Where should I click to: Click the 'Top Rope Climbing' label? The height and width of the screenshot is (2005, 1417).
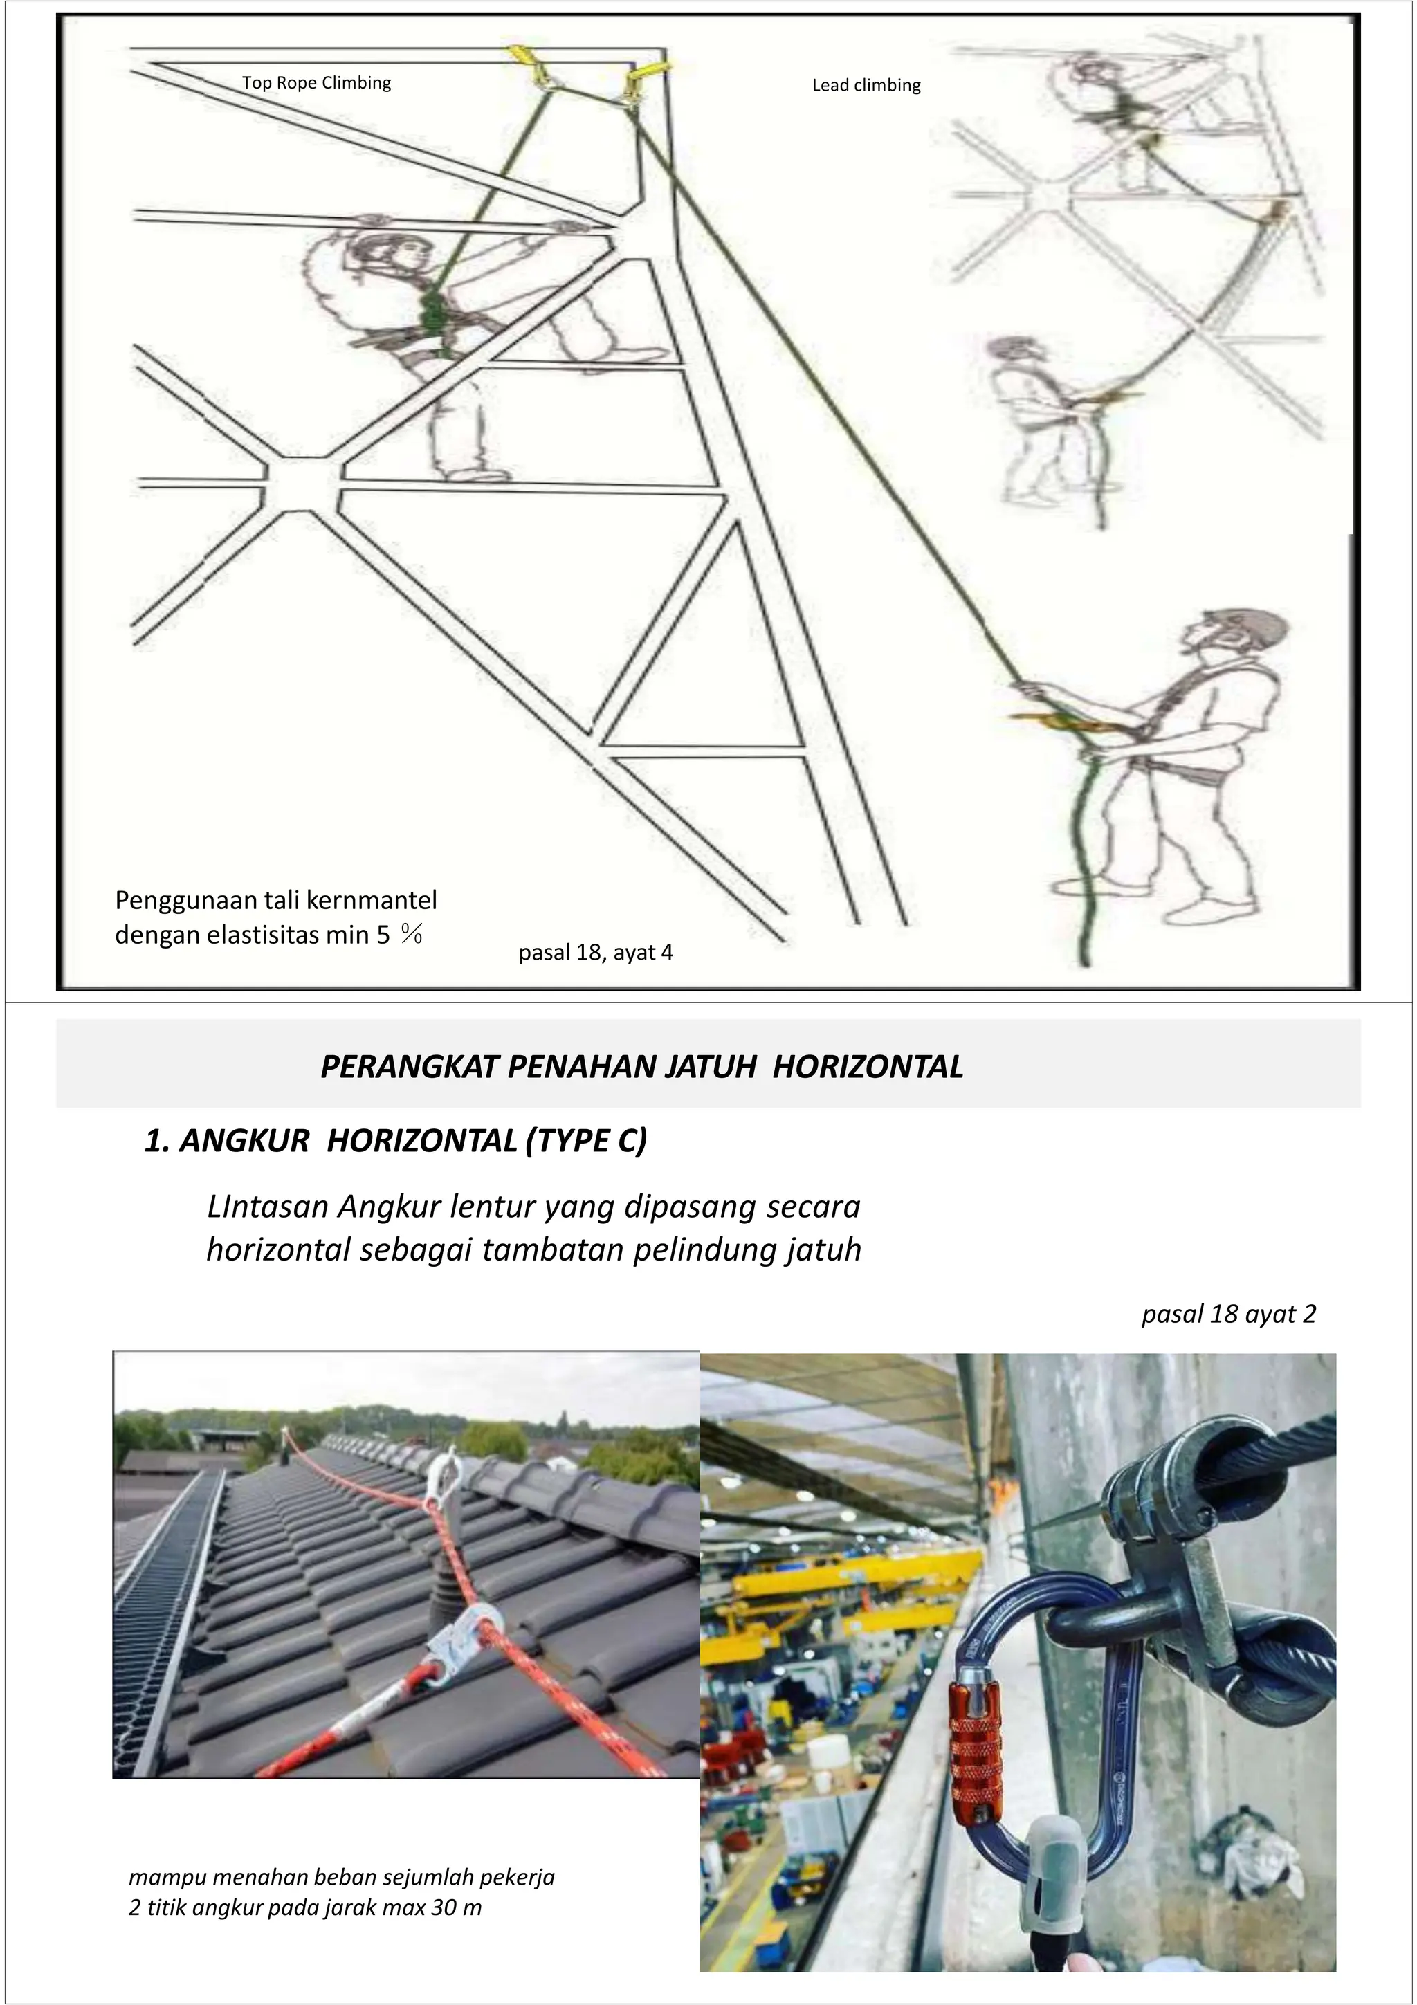point(316,83)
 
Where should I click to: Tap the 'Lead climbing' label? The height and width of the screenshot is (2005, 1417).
point(866,86)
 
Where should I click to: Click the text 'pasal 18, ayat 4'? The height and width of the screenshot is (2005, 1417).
point(596,953)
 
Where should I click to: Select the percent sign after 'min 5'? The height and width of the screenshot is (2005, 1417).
point(412,935)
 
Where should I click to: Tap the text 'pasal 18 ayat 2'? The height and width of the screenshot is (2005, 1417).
point(1228,1315)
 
